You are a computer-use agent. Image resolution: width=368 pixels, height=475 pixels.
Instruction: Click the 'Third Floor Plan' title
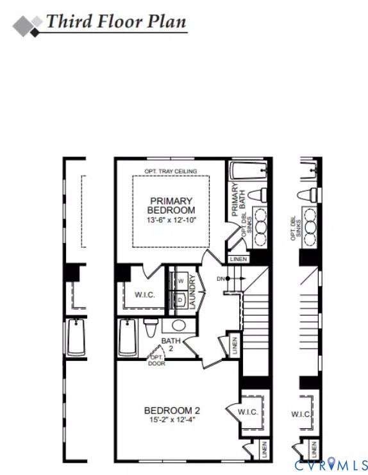116,21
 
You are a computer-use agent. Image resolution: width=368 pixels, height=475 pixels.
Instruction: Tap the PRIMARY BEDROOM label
171,205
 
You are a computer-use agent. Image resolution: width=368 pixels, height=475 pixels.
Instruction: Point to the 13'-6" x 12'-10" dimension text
171,220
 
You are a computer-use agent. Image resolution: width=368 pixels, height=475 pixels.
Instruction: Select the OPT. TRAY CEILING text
171,171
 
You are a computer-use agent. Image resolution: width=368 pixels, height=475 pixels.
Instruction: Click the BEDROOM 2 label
172,411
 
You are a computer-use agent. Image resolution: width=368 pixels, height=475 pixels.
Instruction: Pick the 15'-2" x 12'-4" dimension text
172,421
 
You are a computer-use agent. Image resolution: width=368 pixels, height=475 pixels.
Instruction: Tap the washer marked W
180,281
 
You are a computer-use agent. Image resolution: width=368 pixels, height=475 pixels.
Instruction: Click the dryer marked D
180,299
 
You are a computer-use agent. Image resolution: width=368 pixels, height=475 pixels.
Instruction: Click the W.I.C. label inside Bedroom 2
248,412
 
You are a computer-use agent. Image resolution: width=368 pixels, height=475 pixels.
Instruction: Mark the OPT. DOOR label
156,360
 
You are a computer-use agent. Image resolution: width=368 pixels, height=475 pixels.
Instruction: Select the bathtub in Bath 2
128,337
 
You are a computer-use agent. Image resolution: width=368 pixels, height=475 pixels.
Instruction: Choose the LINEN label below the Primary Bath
238,259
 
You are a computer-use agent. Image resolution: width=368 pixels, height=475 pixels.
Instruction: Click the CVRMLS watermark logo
331,463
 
